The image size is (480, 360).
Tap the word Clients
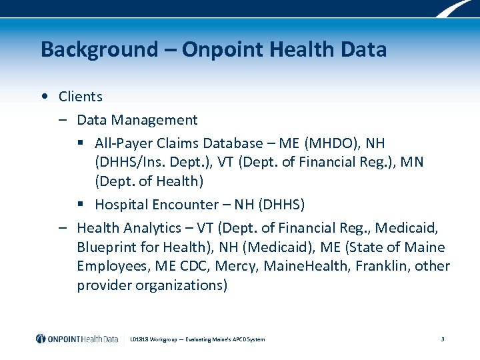pos(80,97)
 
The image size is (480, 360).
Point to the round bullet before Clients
pos(43,97)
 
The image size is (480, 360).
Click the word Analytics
pos(149,229)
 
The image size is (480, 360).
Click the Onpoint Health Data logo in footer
pos(77,339)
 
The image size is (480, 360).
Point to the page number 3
pos(443,339)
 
